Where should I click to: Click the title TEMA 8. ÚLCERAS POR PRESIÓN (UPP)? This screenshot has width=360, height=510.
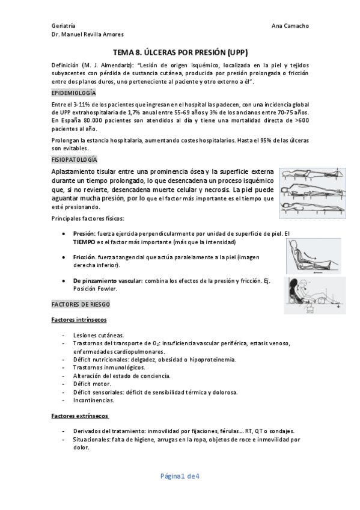click(x=180, y=52)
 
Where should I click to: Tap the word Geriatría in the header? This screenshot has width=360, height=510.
click(x=64, y=26)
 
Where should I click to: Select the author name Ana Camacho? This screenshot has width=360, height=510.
click(x=290, y=26)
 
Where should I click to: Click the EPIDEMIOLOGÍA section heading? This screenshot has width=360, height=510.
click(x=73, y=93)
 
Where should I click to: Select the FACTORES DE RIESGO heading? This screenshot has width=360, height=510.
click(x=81, y=304)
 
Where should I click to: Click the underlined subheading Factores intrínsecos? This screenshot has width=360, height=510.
click(x=79, y=319)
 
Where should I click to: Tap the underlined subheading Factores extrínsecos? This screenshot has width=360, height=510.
click(x=80, y=416)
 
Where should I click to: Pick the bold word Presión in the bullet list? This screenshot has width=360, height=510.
click(x=84, y=233)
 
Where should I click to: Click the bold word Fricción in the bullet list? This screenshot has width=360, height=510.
click(x=85, y=257)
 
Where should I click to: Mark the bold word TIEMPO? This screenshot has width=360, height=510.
click(x=84, y=242)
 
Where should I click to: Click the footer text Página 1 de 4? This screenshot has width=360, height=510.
click(x=180, y=476)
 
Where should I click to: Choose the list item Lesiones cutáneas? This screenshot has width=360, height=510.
click(x=99, y=335)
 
